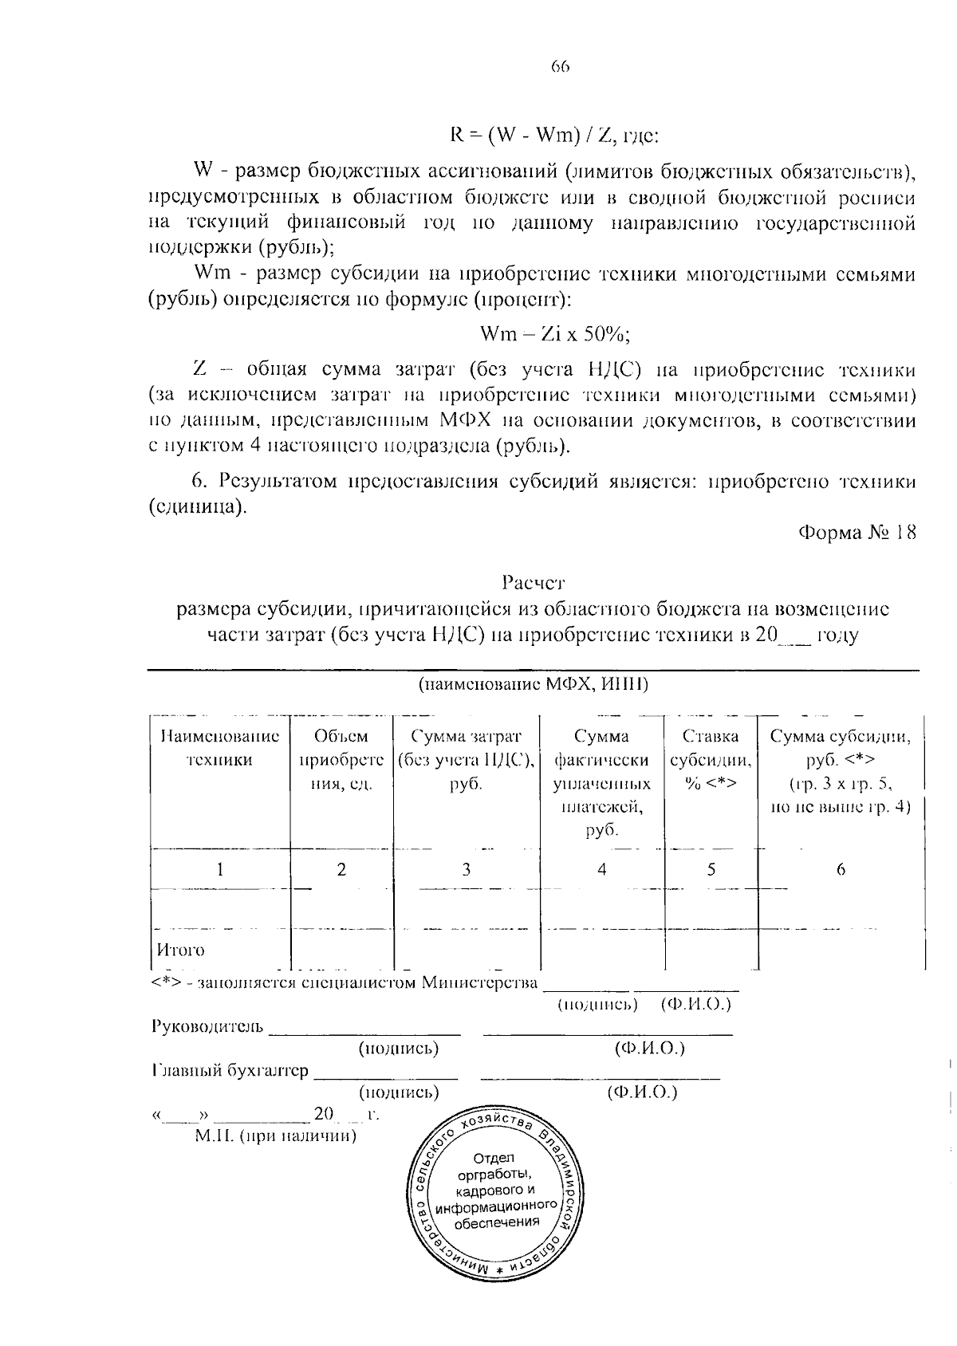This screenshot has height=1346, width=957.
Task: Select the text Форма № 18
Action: [x=857, y=533]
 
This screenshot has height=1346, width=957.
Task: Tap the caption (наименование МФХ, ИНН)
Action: [x=534, y=684]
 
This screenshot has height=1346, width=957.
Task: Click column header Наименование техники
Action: [x=219, y=748]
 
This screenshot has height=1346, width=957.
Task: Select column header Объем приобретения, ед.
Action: [x=341, y=759]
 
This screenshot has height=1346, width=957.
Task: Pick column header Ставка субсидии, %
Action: [x=710, y=759]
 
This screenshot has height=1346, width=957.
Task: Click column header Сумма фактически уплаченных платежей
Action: [x=601, y=782]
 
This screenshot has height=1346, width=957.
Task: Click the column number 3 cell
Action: [x=466, y=870]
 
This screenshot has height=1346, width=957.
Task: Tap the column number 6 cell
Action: [x=841, y=870]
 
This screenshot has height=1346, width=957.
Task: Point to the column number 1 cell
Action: [x=219, y=870]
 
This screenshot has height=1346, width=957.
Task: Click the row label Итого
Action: [x=180, y=950]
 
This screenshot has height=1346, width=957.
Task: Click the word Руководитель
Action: [x=207, y=1025]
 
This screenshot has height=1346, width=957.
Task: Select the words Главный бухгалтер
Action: [x=229, y=1071]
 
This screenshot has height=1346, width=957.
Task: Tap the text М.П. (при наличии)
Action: [x=276, y=1135]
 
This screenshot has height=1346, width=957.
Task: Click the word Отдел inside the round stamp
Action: [x=494, y=1157]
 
